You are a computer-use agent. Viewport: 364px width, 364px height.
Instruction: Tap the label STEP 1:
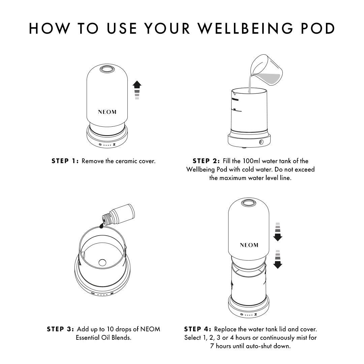(x=65, y=161)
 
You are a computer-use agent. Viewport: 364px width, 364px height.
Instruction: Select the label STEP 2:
(x=206, y=161)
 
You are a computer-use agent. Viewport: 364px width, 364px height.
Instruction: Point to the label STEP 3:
(x=60, y=329)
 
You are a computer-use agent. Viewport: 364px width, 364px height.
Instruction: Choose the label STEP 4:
(x=198, y=329)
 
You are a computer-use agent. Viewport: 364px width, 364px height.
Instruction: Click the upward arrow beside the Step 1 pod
(x=137, y=90)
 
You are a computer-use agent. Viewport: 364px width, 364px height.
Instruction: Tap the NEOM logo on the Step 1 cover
(x=107, y=112)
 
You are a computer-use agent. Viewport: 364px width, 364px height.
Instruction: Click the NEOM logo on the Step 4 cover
(x=249, y=245)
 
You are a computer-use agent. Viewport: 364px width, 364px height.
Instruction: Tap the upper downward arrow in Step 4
(x=278, y=232)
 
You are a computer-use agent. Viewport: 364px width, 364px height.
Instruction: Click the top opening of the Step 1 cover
(x=107, y=69)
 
